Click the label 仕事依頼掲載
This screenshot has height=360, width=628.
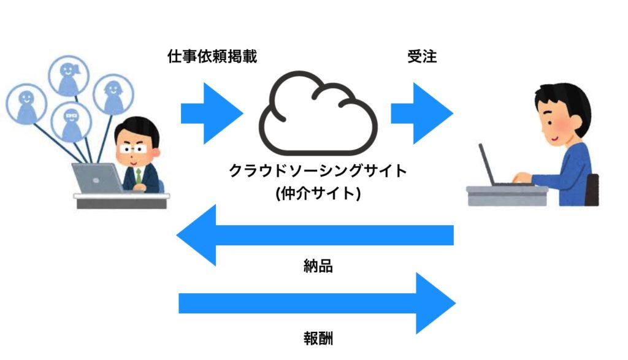(212, 56)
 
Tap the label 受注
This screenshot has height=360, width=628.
(422, 56)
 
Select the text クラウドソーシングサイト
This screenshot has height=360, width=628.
(318, 170)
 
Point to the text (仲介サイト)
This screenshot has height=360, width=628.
(318, 193)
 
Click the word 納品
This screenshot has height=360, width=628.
(318, 266)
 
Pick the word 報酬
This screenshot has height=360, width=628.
(318, 339)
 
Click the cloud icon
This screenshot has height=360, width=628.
(318, 113)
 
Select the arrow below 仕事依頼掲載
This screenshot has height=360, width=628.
(212, 113)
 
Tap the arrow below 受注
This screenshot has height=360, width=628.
(422, 113)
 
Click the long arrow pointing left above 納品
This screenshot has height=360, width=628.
(315, 235)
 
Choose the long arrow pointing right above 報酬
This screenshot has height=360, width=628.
(317, 303)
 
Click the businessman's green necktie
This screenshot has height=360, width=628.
(139, 177)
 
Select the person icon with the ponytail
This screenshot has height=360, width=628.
(69, 76)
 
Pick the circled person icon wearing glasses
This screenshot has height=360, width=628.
(72, 121)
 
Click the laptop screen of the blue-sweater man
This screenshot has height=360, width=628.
(486, 164)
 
